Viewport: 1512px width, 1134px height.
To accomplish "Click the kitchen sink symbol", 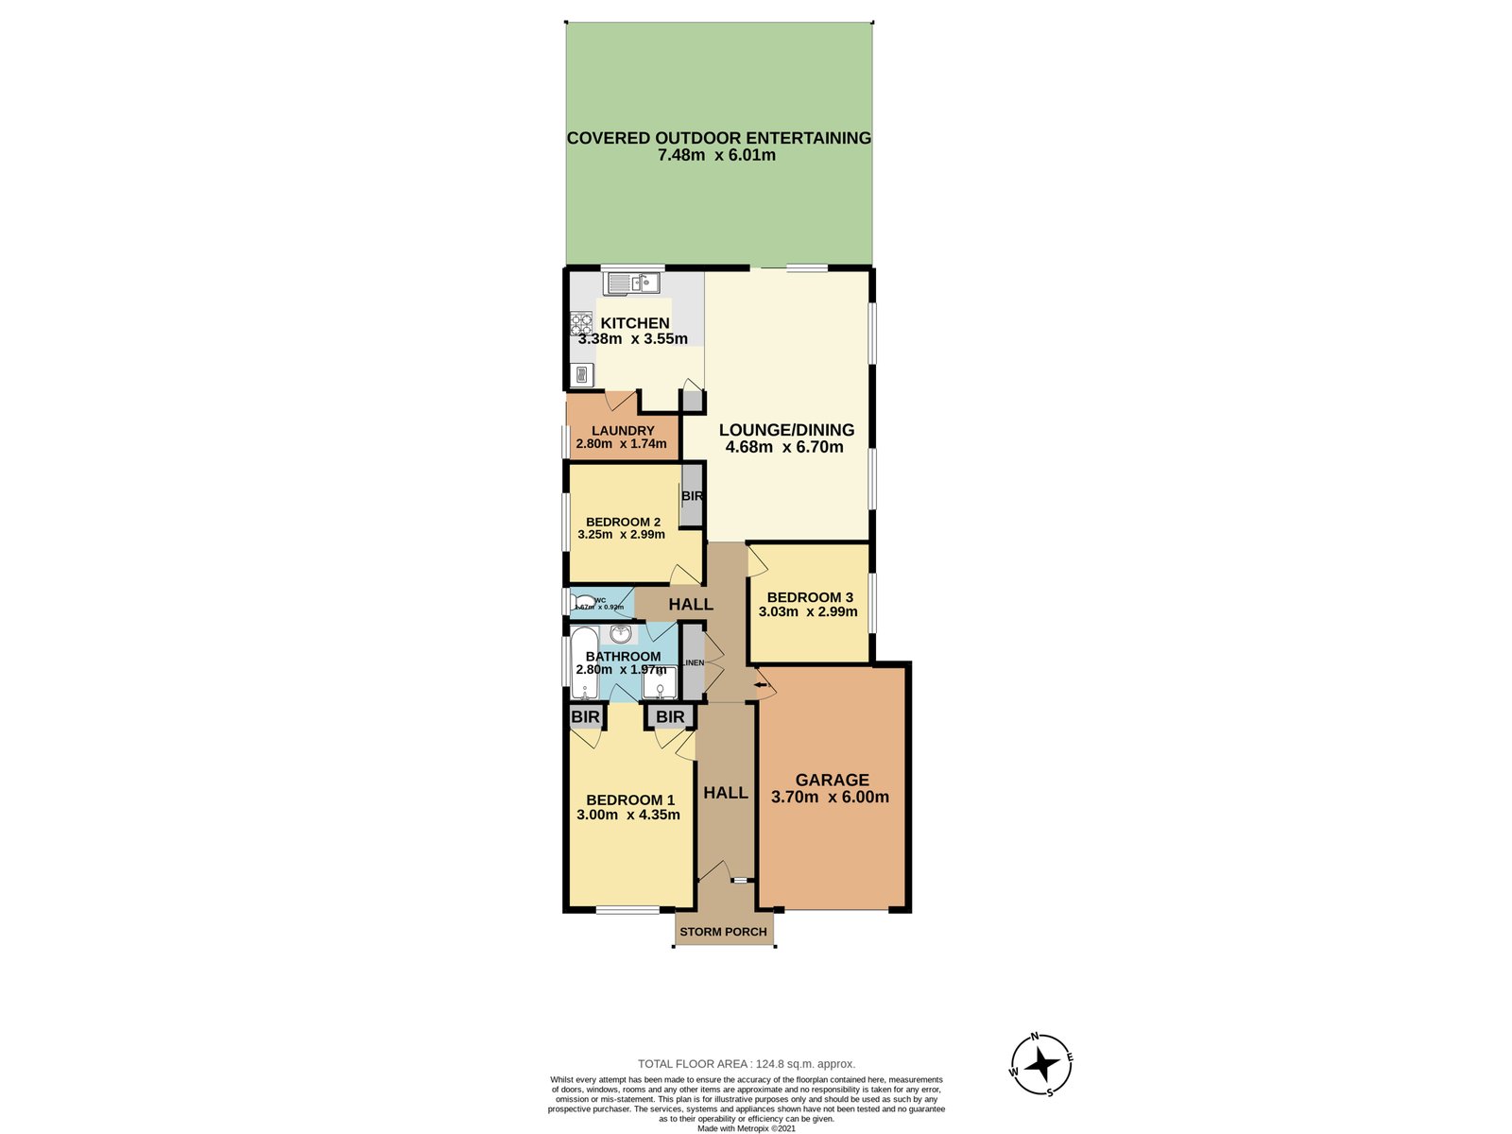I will pos(632,283).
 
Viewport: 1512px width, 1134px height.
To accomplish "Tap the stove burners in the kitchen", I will pos(580,324).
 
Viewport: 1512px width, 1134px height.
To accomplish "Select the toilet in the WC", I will pos(583,602).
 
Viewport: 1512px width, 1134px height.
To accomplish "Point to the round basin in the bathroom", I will pos(621,634).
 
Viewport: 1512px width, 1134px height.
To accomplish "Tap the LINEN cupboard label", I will pos(693,663).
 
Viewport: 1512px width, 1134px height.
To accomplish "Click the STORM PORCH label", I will pos(723,932).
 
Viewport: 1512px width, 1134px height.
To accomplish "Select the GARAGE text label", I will pos(832,780).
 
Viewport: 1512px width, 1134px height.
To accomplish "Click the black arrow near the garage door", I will pos(761,684).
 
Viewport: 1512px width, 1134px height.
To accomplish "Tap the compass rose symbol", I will pos(1041,1065).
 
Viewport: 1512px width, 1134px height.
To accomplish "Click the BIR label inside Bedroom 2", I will pos(692,496).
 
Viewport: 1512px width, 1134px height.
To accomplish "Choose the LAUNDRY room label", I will pos(623,431).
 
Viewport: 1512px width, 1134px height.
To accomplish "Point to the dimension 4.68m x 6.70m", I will pos(784,447).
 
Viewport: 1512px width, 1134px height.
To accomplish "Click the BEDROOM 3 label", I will pos(810,597).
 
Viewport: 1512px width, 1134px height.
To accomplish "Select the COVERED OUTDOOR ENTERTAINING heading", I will pos(718,138).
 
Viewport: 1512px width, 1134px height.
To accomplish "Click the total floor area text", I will pos(747,1064).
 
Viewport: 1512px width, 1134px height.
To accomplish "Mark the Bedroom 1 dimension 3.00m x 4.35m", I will pos(627,815).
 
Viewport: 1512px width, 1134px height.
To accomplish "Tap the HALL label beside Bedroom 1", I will pos(726,793).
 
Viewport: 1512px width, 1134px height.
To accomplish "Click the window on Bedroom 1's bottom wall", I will pos(627,910).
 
